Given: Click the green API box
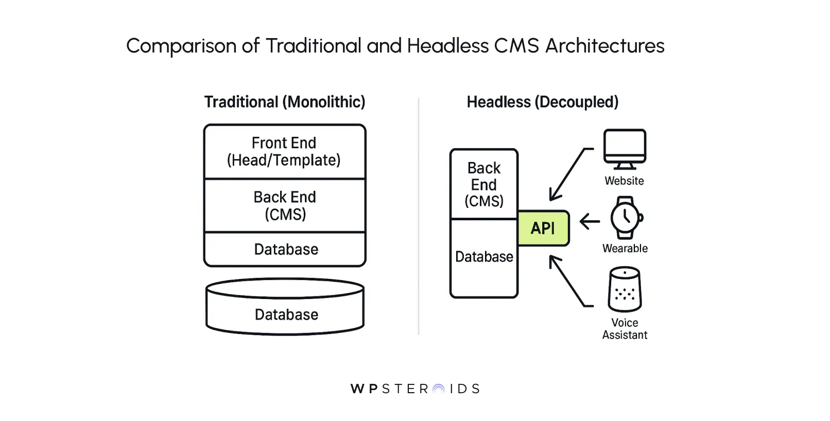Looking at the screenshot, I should pyautogui.click(x=543, y=228).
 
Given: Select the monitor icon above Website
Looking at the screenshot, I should pyautogui.click(x=625, y=149).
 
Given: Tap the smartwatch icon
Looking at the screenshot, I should pyautogui.click(x=626, y=218).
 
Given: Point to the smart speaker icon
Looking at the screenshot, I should pyautogui.click(x=625, y=289).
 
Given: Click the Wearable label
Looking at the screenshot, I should pyautogui.click(x=625, y=249).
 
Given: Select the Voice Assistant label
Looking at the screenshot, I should pyautogui.click(x=625, y=329).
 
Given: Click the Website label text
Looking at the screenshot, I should pyautogui.click(x=624, y=181).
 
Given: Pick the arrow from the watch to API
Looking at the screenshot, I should pyautogui.click(x=590, y=222).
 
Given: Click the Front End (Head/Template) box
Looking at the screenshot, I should pyautogui.click(x=284, y=152).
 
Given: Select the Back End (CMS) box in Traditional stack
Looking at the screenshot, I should pyautogui.click(x=285, y=205).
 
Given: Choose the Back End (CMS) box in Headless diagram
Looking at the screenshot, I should pyautogui.click(x=484, y=184).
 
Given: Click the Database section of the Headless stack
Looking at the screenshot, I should pyautogui.click(x=484, y=257).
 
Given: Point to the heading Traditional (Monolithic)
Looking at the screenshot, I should pyautogui.click(x=285, y=102).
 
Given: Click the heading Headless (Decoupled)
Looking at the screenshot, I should pyautogui.click(x=542, y=102).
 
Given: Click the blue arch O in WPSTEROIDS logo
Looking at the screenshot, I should pyautogui.click(x=439, y=389).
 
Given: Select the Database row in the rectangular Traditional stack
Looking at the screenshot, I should pyautogui.click(x=286, y=250).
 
